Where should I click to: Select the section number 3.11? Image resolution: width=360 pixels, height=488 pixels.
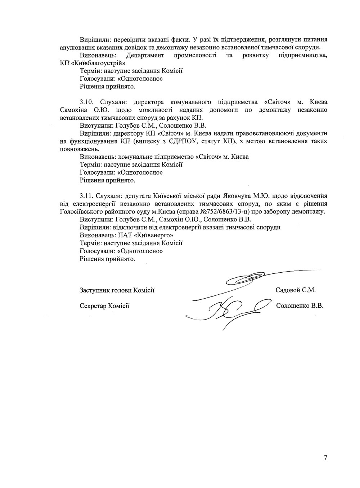click(87, 196)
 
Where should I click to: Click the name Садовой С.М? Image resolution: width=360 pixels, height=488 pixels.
click(295, 290)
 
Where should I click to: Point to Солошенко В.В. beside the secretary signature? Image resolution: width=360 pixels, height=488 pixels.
click(300, 306)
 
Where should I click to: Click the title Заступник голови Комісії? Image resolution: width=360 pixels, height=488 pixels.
click(117, 290)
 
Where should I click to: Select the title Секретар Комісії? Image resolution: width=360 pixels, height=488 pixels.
click(104, 306)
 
